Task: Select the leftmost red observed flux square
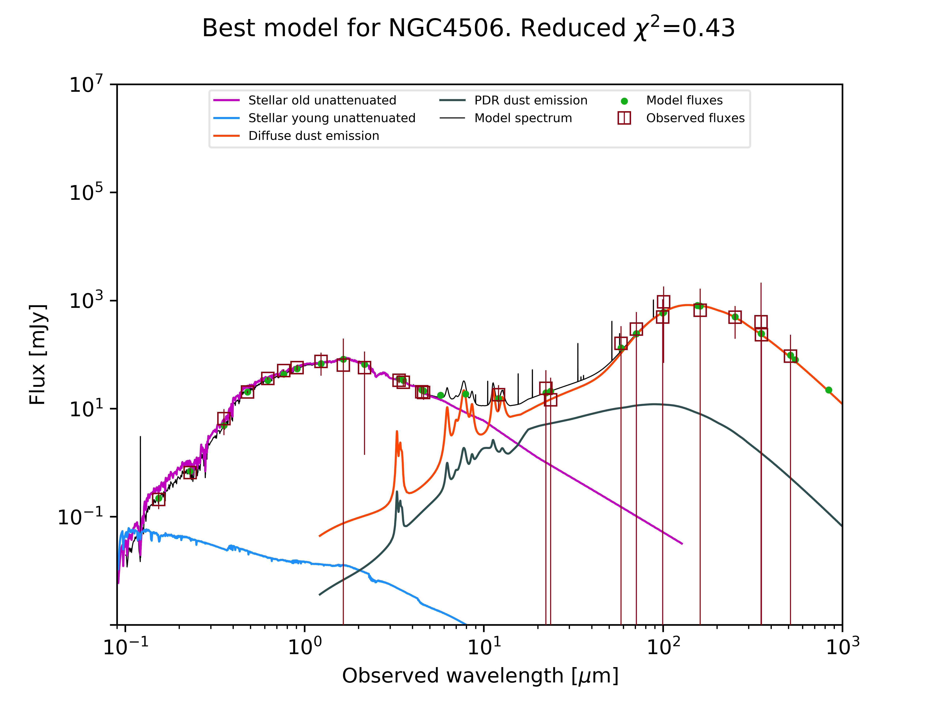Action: point(158,499)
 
